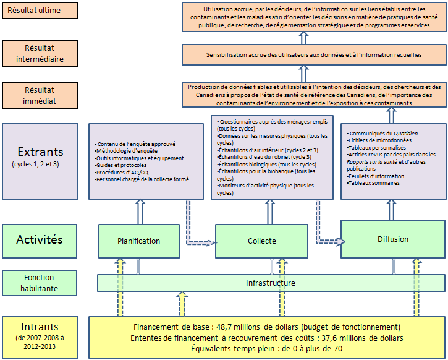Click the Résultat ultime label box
(x=40, y=11)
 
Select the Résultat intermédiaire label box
(x=40, y=54)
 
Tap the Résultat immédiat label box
(x=40, y=94)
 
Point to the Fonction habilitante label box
(x=40, y=283)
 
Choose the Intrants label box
(x=40, y=336)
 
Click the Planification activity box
(x=138, y=241)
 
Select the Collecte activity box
(x=261, y=241)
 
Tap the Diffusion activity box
(x=393, y=239)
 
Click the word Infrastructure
(x=270, y=283)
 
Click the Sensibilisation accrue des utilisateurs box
(x=314, y=54)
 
